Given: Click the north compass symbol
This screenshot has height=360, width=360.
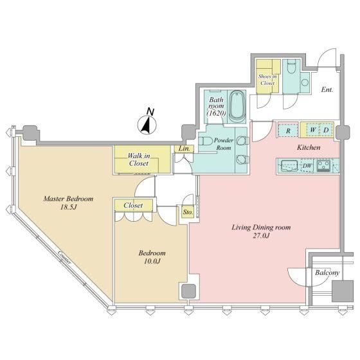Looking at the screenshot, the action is click(x=147, y=125).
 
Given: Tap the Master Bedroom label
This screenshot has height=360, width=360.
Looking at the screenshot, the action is click(x=68, y=199).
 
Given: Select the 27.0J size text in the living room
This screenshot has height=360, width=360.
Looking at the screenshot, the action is click(x=261, y=236).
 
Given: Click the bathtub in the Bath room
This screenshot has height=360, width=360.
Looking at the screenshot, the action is click(x=237, y=106).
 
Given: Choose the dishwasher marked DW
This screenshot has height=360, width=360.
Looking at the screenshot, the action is click(x=307, y=166).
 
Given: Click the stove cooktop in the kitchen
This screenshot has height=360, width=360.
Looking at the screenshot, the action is click(x=323, y=166).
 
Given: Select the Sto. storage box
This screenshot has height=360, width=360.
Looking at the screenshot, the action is click(x=188, y=212).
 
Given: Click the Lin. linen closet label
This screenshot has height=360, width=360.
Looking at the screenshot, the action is click(x=184, y=148).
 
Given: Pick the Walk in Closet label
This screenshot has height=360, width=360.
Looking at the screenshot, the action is click(x=139, y=159).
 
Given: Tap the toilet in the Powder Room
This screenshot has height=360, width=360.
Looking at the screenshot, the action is click(x=206, y=141).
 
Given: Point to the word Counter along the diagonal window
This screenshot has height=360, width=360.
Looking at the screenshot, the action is click(x=64, y=257).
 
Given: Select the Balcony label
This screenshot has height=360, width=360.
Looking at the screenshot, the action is click(x=327, y=273).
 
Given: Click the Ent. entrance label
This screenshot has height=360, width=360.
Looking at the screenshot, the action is click(x=327, y=90).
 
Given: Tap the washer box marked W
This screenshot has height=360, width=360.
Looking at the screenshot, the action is click(x=312, y=130).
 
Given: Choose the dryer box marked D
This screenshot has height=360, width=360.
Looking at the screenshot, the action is click(x=327, y=130).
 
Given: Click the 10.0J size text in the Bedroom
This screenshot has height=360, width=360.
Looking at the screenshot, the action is click(x=152, y=262).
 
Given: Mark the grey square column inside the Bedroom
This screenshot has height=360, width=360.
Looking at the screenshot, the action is click(x=189, y=292).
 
